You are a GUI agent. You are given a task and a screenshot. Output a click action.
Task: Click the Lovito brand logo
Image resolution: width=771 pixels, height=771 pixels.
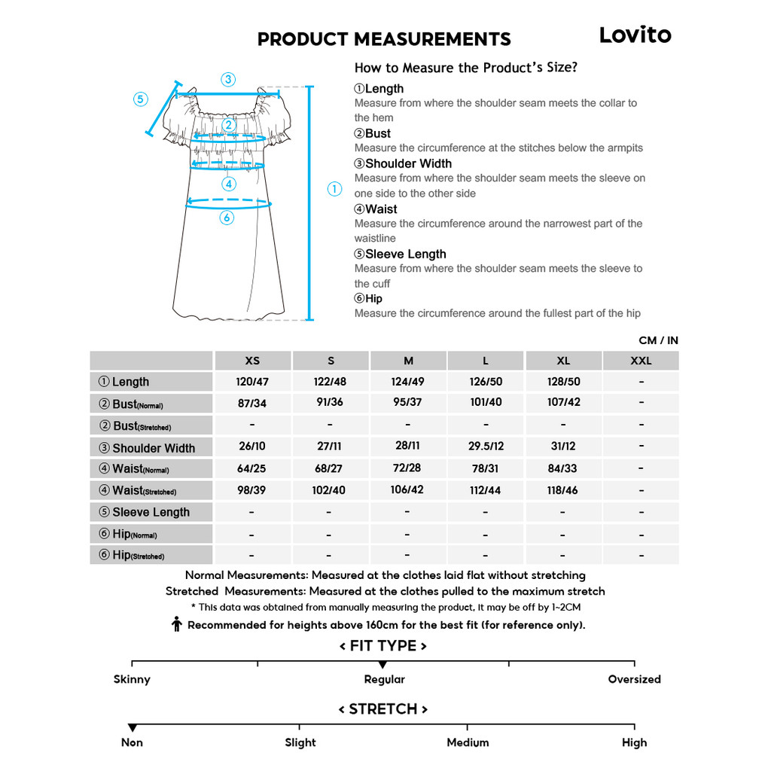pyautogui.click(x=635, y=35)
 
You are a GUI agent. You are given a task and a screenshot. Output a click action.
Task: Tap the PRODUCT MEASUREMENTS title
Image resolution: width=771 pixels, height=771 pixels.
pyautogui.click(x=384, y=39)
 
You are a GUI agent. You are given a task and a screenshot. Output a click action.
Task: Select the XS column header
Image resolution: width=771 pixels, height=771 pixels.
pyautogui.click(x=252, y=361)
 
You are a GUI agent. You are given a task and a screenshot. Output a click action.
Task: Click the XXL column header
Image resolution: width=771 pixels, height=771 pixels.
pyautogui.click(x=641, y=361)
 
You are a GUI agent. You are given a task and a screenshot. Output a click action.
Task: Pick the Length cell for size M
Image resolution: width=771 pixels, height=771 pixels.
pyautogui.click(x=408, y=382)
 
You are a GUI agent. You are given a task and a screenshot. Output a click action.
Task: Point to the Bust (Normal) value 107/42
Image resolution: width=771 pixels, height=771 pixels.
pyautogui.click(x=563, y=402)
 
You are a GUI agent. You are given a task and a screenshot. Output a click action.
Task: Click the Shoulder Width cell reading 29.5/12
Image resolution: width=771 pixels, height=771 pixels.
pyautogui.click(x=486, y=446)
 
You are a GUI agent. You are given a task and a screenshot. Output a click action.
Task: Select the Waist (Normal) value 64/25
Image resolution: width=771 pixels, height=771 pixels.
pyautogui.click(x=251, y=468)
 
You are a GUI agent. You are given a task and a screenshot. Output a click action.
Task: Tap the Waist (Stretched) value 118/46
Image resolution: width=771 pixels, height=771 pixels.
pyautogui.click(x=563, y=490)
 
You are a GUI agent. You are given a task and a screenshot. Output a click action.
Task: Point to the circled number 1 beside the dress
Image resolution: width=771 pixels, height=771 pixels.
pyautogui.click(x=334, y=189)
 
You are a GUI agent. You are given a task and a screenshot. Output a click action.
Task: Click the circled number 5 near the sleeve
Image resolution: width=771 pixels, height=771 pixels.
pyautogui.click(x=141, y=99)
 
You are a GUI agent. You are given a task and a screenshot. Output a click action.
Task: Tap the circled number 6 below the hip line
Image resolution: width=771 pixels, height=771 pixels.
pyautogui.click(x=227, y=218)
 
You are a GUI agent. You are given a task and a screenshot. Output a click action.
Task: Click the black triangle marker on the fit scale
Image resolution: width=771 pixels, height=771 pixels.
pyautogui.click(x=383, y=665)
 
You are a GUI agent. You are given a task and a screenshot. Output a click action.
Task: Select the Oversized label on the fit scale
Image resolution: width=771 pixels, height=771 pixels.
pyautogui.click(x=634, y=679)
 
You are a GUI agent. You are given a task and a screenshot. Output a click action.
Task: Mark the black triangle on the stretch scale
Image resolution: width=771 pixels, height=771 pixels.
pyautogui.click(x=133, y=727)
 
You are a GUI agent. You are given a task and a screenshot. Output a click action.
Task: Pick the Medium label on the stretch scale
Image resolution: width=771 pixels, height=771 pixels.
pyautogui.click(x=468, y=742)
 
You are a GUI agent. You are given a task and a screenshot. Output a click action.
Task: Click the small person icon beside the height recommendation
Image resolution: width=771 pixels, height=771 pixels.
pyautogui.click(x=177, y=624)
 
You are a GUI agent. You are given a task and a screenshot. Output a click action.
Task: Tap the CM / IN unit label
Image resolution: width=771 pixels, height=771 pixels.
pyautogui.click(x=658, y=340)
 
